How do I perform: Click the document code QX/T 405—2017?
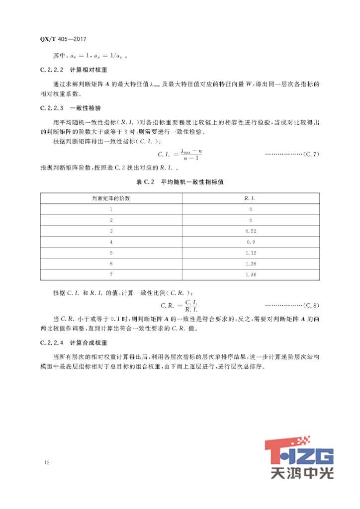66,38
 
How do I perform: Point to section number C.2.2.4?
52,343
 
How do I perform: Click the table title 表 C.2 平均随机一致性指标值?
180,182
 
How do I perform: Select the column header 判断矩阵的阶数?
111,198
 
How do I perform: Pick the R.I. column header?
250,198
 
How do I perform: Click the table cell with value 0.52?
250,231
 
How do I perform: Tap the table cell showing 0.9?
250,242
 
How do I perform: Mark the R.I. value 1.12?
250,253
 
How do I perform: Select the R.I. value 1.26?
250,264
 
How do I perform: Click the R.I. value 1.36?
250,275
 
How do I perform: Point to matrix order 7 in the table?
111,275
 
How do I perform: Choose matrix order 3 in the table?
111,231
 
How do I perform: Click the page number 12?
47,463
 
